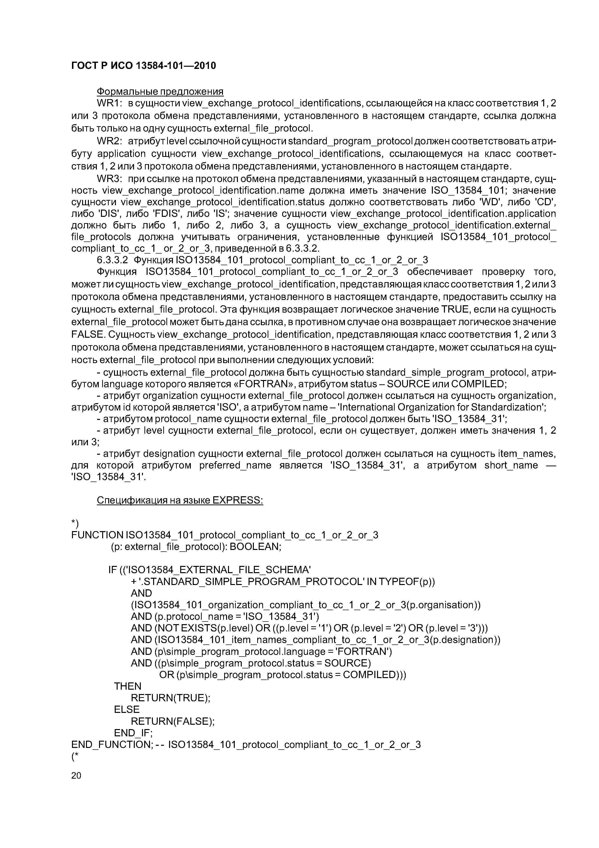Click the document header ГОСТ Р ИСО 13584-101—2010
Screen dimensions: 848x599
click(x=143, y=66)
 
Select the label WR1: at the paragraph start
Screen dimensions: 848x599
click(x=107, y=103)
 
